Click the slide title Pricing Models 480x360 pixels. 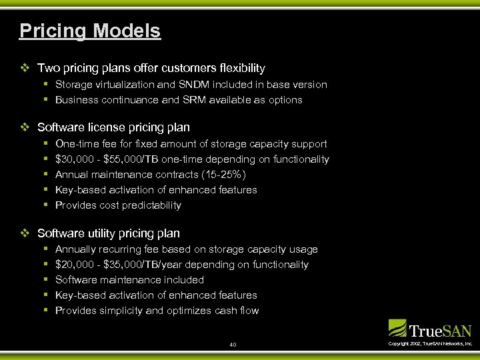[90, 31]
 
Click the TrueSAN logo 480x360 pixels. [430, 329]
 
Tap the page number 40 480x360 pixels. [233, 345]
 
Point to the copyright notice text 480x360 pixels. [430, 343]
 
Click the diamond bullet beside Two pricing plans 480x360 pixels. [25, 68]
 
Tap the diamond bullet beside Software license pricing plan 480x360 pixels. [25, 127]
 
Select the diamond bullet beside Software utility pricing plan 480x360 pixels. [25, 233]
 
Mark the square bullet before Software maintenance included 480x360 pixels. [45, 280]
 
